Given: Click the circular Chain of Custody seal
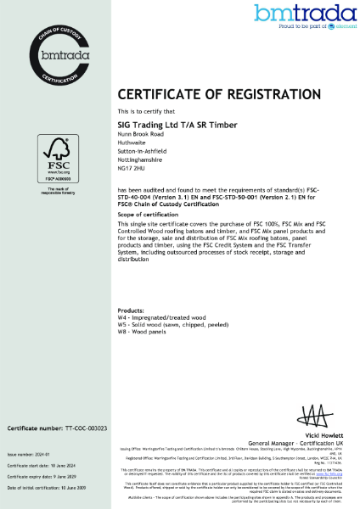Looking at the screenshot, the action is click(x=57, y=58).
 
